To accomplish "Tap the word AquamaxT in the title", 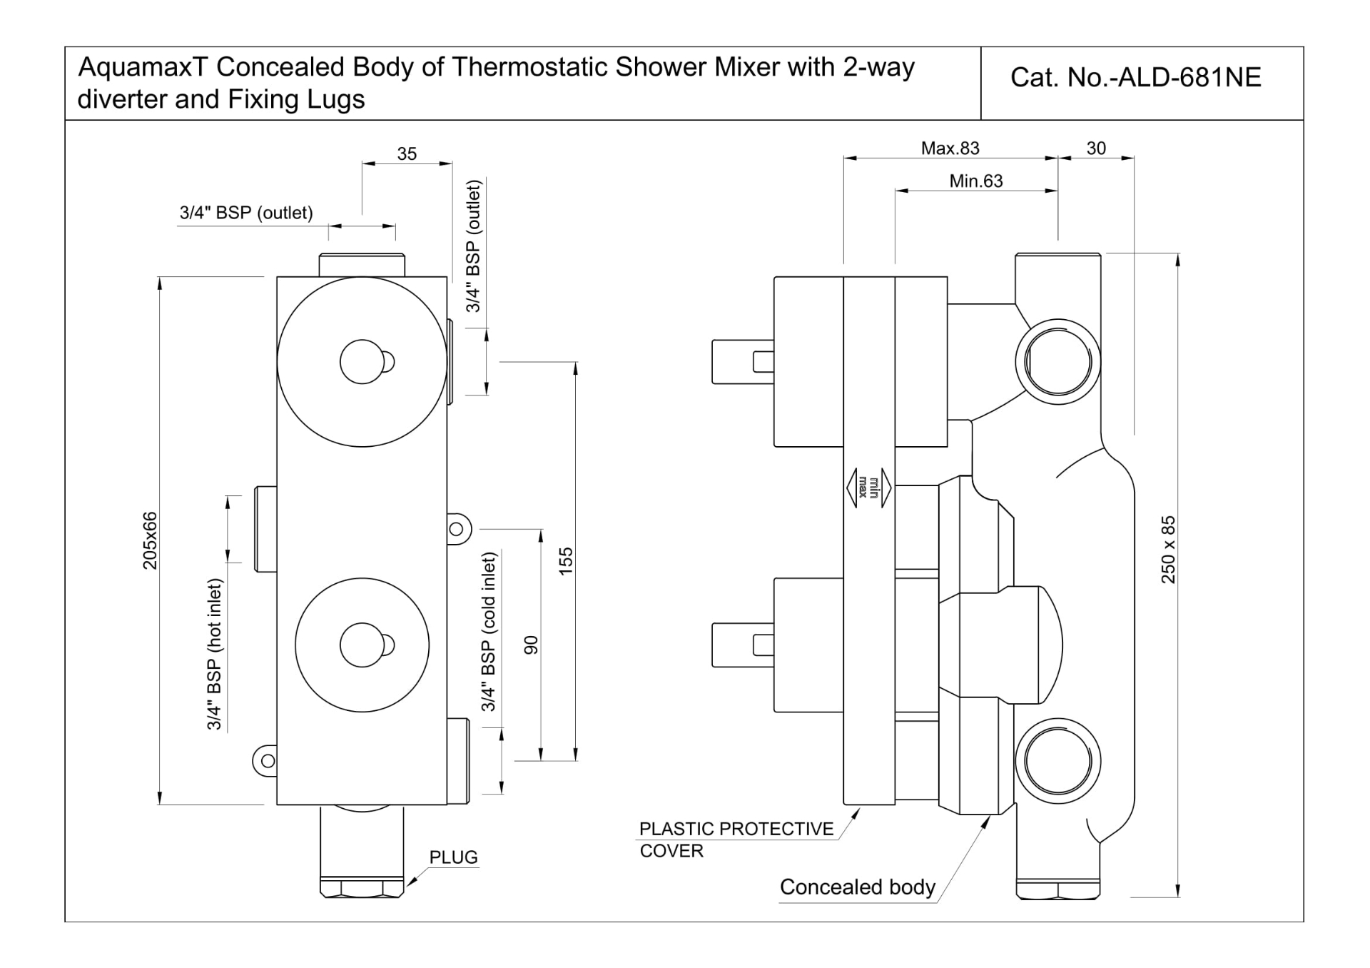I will coord(142,67).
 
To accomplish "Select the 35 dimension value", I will coord(407,153).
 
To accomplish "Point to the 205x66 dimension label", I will coord(150,540).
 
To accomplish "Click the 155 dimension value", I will coord(566,561).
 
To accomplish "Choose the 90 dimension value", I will coord(531,645).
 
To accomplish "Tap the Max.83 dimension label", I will coord(950,148).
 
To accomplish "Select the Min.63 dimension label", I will coord(975,181).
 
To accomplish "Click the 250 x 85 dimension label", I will coord(1168,550).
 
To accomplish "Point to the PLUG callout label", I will coord(453,857).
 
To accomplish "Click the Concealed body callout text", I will coord(857,887).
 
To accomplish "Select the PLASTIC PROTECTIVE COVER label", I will coord(736,840).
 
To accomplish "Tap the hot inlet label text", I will coord(215,655).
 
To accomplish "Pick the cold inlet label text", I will coord(489,632).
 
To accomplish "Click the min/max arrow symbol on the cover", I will coord(869,488).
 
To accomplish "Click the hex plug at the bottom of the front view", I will coord(362,887).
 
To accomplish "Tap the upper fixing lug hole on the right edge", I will coord(457,530).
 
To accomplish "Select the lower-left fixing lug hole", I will coord(268,761).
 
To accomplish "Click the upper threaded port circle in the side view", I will coord(1057,362).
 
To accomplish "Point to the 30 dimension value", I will coord(1096,148).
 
